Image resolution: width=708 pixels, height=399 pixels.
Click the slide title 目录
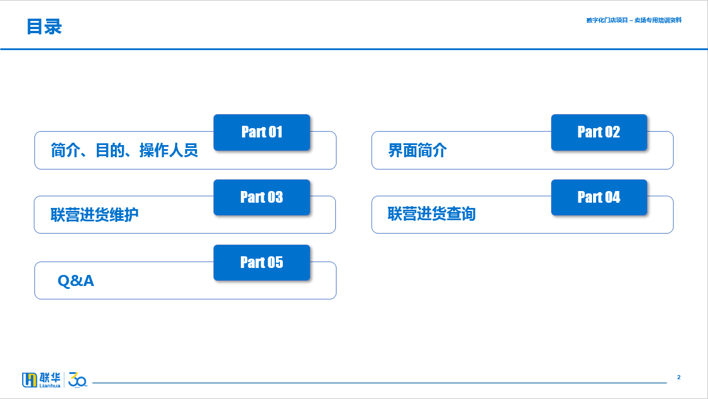click(x=44, y=27)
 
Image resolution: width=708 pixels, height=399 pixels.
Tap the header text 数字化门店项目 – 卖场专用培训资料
click(x=634, y=20)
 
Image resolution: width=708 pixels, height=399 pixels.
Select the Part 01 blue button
click(x=262, y=132)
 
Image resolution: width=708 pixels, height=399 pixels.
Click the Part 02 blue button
click(x=599, y=132)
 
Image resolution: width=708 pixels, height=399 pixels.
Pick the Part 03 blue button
click(x=262, y=197)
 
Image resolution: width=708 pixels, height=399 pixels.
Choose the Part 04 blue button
click(x=599, y=197)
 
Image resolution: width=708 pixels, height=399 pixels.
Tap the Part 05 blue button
click(x=262, y=262)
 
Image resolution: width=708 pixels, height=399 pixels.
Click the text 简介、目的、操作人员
click(x=124, y=150)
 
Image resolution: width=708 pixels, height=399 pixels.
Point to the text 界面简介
click(x=417, y=150)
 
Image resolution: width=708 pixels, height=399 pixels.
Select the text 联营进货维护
click(x=94, y=215)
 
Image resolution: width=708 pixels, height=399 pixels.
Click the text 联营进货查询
click(x=432, y=214)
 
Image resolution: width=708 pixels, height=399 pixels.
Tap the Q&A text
click(x=76, y=281)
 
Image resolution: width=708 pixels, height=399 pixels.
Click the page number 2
click(x=679, y=377)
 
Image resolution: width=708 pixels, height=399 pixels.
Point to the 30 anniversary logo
click(x=78, y=380)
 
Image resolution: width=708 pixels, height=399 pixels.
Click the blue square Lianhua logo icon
click(x=29, y=380)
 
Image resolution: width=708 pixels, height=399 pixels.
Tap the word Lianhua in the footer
click(x=50, y=386)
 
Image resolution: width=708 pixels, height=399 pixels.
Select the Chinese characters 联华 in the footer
click(x=50, y=377)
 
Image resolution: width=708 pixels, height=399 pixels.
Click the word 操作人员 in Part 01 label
click(x=169, y=150)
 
